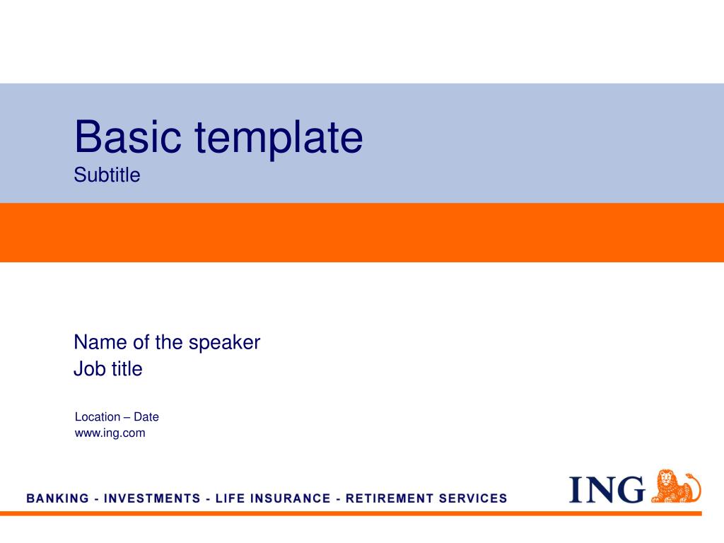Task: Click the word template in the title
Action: tap(279, 139)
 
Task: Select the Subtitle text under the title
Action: tap(107, 175)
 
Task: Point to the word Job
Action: tap(88, 369)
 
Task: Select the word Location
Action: tap(98, 417)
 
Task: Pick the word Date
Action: tap(146, 417)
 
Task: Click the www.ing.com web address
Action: tap(110, 433)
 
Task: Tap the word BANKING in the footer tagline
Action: tap(58, 498)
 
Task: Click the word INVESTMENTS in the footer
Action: tap(152, 498)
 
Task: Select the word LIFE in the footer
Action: tap(229, 498)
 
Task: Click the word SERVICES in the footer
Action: tap(473, 498)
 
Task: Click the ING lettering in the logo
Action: tap(607, 489)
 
